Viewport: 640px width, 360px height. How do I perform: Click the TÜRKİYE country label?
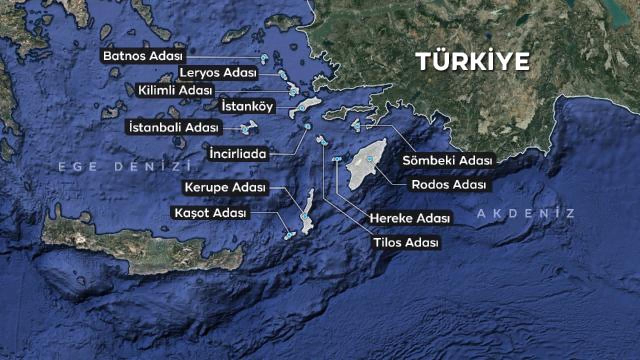[472, 61]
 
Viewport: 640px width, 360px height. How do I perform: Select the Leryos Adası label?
[218, 73]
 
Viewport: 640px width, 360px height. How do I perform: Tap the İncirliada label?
[237, 154]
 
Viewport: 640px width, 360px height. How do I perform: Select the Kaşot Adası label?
[210, 213]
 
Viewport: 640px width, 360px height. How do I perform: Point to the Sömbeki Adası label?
[448, 161]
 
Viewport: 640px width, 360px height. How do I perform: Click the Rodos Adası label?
[448, 184]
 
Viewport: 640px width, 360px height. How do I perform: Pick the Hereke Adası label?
[409, 218]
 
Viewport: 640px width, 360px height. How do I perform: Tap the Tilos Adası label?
[406, 242]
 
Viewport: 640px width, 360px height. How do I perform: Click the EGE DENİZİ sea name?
[124, 166]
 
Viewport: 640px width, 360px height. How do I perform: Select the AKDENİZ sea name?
[525, 213]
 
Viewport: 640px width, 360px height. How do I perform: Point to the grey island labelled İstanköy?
[305, 106]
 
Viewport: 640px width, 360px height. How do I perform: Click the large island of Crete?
[140, 245]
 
